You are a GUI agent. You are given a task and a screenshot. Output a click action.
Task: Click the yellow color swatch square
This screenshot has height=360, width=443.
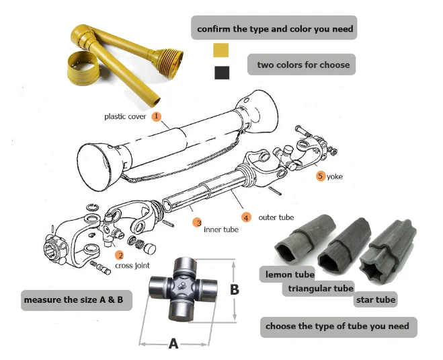click(220, 50)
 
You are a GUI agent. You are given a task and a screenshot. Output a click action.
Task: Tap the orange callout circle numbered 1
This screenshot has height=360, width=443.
click(156, 116)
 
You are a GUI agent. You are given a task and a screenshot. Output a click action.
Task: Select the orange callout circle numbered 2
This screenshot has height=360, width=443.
click(119, 255)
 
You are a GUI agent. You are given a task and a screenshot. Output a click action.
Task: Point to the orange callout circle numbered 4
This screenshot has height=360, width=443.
click(247, 217)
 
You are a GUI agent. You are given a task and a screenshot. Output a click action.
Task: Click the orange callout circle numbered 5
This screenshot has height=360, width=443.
click(321, 176)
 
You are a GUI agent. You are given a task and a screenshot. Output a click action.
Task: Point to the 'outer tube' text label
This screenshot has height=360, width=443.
click(277, 217)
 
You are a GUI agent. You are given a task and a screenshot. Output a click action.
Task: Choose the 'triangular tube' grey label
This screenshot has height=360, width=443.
click(319, 288)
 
